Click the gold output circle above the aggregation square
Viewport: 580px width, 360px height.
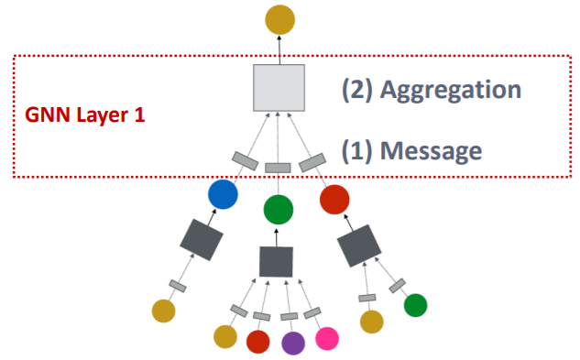pyautogui.click(x=279, y=18)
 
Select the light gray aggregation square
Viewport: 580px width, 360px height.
pyautogui.click(x=279, y=88)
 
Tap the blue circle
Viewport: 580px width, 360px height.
pyautogui.click(x=223, y=194)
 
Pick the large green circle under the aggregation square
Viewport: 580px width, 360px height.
pyautogui.click(x=279, y=210)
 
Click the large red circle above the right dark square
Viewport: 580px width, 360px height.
pyautogui.click(x=335, y=197)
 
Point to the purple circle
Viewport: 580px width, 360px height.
pyautogui.click(x=292, y=342)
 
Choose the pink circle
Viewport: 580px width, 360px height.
pyautogui.click(x=325, y=338)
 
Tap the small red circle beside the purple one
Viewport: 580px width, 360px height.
pyautogui.click(x=259, y=341)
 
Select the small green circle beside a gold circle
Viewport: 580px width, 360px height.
pyautogui.click(x=415, y=305)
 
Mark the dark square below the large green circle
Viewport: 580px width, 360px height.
pyautogui.click(x=276, y=262)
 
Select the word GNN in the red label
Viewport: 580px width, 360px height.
pyautogui.click(x=43, y=117)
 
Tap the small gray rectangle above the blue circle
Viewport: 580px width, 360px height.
pyautogui.click(x=244, y=161)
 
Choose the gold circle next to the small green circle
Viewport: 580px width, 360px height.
pyautogui.click(x=371, y=322)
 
